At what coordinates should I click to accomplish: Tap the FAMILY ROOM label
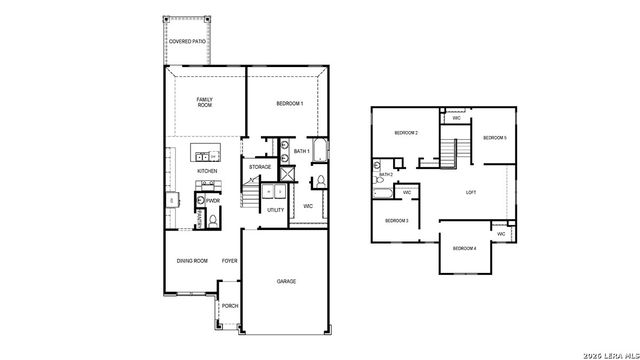point(205,102)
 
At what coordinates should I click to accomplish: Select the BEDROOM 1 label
point(289,104)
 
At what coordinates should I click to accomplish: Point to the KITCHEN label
point(206,171)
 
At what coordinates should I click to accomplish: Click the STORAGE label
point(260,167)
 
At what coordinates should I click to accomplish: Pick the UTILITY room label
point(275,210)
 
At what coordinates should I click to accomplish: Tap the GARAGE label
point(286,281)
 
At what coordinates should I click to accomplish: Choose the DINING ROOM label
point(191,261)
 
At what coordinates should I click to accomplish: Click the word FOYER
point(229,261)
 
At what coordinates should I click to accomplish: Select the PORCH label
point(229,307)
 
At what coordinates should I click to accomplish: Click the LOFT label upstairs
point(471,192)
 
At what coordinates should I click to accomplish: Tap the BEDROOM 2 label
point(405,133)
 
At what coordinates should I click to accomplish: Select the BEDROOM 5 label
point(494,137)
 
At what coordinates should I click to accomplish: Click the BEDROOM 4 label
point(463,248)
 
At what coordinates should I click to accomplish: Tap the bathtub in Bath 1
point(320,152)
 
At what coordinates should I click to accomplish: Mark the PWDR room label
point(212,200)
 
